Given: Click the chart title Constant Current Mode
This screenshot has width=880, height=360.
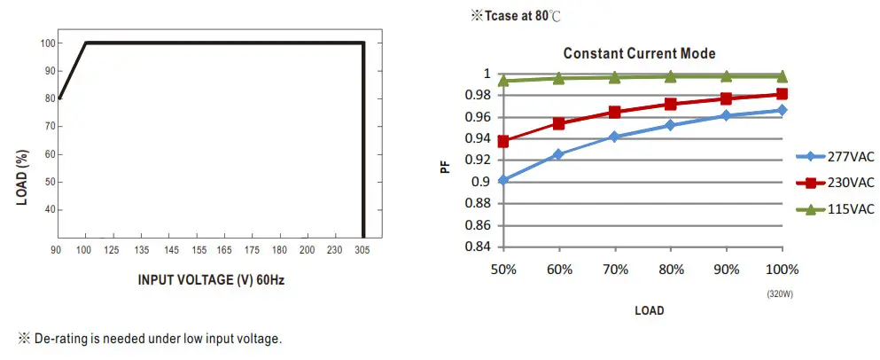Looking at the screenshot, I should pos(639,54).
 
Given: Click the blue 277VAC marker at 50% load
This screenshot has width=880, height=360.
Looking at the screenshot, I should pos(504,180).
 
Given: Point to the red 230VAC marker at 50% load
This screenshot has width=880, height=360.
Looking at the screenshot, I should pos(504,141).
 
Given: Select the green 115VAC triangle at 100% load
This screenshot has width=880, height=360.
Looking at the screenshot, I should pos(782,76).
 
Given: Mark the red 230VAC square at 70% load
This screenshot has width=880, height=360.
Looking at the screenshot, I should pos(615,112).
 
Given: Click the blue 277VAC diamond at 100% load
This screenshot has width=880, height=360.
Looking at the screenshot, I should pos(782,110).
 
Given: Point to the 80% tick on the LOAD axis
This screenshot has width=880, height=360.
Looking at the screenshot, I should pos(671,269).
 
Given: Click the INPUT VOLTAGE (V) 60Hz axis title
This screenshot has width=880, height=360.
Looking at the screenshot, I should pos(211,280).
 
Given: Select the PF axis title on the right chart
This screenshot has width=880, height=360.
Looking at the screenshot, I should pos(446,164).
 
